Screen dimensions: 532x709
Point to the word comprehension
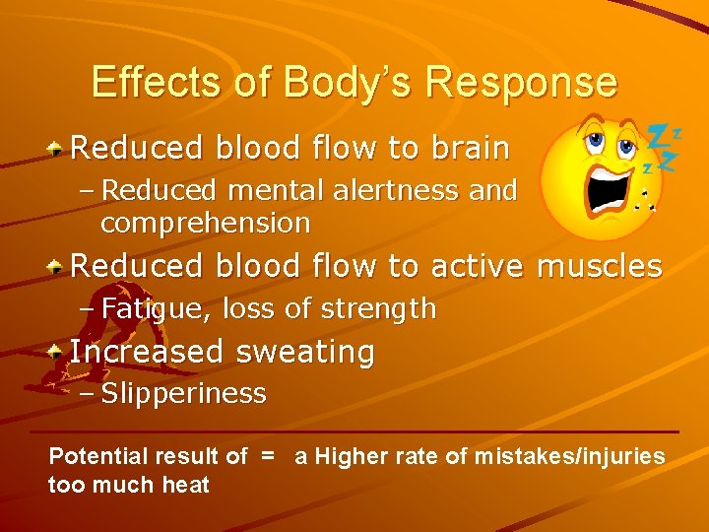click(x=205, y=224)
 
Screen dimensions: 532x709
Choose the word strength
click(x=386, y=309)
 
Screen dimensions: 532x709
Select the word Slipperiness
click(x=183, y=394)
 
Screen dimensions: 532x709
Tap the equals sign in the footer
click(x=266, y=456)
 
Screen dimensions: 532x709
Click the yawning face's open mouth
click(x=604, y=188)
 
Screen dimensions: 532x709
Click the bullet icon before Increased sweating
click(x=59, y=351)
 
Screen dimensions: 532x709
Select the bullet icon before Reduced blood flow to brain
click(x=59, y=149)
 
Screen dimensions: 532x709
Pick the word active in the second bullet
click(x=475, y=266)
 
